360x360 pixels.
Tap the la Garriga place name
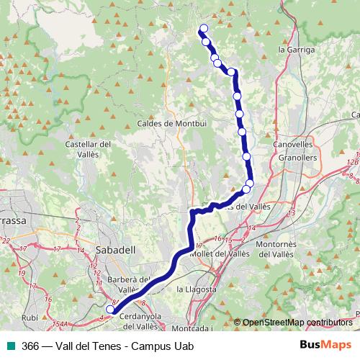click(x=296, y=50)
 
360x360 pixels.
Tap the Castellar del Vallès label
click(x=88, y=149)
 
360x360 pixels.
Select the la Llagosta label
click(x=197, y=289)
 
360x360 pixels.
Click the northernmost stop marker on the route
click(x=203, y=29)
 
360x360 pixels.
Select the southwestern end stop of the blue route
click(x=110, y=310)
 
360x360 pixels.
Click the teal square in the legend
click(x=10, y=346)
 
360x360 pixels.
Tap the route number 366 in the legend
click(x=30, y=346)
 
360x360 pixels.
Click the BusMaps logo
click(x=325, y=345)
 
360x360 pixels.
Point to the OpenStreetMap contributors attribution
click(x=297, y=323)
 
